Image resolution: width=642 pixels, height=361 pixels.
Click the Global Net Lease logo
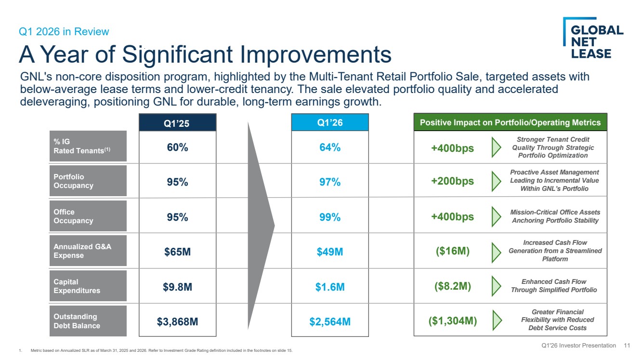click(x=593, y=38)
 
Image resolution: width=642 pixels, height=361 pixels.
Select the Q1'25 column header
click(x=177, y=123)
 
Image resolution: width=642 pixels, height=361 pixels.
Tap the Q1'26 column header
click(x=330, y=122)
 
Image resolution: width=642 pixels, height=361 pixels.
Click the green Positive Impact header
click(x=510, y=122)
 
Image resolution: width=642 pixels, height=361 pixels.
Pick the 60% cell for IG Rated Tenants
click(x=177, y=147)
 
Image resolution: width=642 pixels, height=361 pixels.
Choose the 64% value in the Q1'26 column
click(x=330, y=147)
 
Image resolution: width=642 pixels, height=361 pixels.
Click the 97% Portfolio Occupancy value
click(x=330, y=182)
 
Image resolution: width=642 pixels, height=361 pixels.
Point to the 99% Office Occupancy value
click(x=330, y=217)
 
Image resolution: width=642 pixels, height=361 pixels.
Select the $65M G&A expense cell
click(x=177, y=252)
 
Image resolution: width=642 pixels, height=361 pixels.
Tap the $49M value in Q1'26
click(x=330, y=252)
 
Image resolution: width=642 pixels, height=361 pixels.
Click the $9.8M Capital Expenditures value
click(x=177, y=287)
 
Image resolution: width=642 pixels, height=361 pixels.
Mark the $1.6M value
click(x=330, y=287)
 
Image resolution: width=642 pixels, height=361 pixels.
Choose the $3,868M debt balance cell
click(x=177, y=321)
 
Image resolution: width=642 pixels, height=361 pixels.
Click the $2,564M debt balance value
click(x=330, y=321)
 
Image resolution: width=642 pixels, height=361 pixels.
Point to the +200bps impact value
click(x=453, y=181)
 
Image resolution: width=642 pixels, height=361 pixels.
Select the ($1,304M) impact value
click(x=453, y=321)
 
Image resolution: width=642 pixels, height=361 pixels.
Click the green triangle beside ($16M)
click(x=496, y=253)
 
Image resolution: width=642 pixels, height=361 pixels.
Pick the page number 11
click(x=627, y=346)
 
